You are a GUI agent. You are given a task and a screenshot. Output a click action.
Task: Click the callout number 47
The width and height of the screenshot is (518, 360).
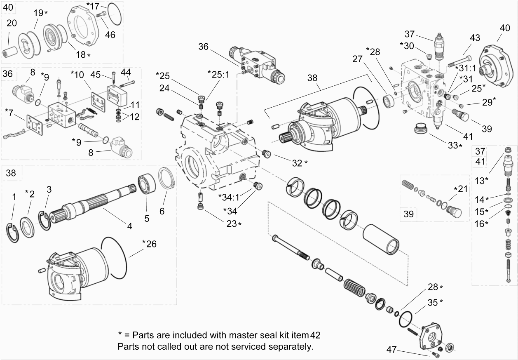click(x=392, y=350)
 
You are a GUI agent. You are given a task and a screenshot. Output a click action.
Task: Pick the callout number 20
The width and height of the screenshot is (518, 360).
click(x=12, y=23)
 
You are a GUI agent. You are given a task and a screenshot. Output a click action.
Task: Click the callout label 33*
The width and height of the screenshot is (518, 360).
click(x=455, y=146)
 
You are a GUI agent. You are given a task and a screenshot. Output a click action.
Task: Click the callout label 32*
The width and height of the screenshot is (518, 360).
click(x=300, y=163)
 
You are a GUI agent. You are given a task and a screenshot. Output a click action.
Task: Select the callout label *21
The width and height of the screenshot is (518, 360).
click(x=461, y=189)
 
